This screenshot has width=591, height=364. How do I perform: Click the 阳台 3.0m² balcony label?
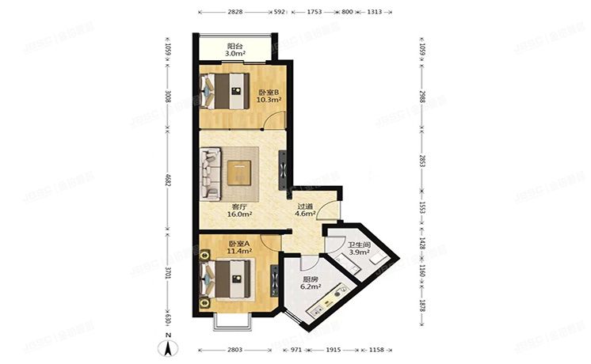click(x=234, y=51)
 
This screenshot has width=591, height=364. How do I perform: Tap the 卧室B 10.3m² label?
click(x=269, y=97)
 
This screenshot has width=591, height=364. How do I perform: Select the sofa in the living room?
click(x=212, y=173)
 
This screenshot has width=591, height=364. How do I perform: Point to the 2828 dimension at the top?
click(x=235, y=13)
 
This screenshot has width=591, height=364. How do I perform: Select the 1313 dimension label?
click(x=375, y=13)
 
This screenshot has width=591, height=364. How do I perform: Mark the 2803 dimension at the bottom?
click(x=235, y=349)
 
